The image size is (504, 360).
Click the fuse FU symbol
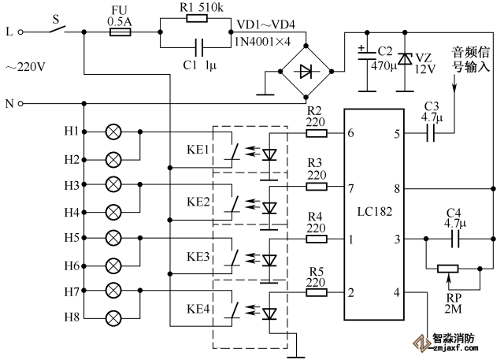(x=119, y=33)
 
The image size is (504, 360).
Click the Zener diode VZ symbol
(x=404, y=59)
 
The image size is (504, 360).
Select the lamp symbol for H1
(x=113, y=131)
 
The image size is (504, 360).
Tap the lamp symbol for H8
(x=113, y=318)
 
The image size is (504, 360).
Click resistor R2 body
(x=317, y=134)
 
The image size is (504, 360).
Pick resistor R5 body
(x=317, y=292)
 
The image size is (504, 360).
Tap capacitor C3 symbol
(x=432, y=134)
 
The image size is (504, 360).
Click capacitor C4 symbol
(x=453, y=238)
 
